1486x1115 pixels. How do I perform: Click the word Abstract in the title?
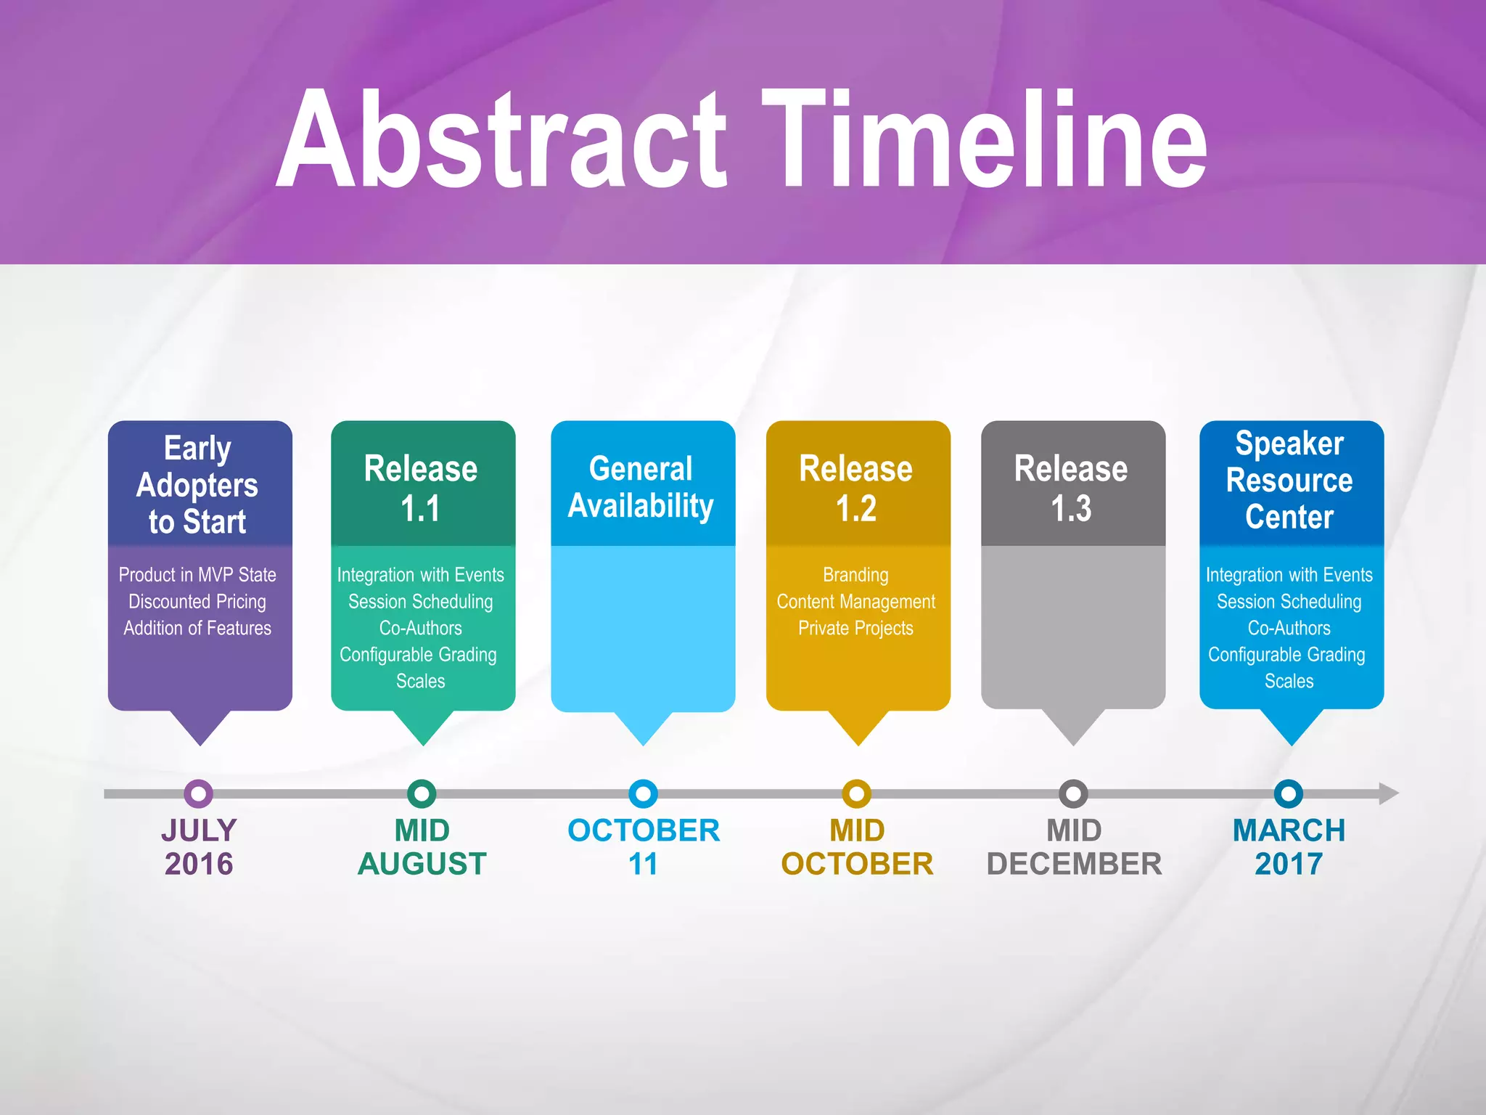(501, 139)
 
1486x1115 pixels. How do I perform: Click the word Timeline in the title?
(984, 139)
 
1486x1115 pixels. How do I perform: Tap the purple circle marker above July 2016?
(198, 793)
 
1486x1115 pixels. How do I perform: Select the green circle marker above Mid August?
(422, 793)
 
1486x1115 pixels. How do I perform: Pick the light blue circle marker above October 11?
(643, 793)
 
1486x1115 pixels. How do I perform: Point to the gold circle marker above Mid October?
(856, 793)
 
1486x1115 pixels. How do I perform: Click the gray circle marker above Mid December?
(1073, 793)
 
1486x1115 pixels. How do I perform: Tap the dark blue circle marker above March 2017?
(1288, 793)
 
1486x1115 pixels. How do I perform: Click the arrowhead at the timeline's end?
(1387, 793)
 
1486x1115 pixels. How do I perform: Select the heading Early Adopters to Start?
(197, 484)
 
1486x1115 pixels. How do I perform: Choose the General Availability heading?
(641, 487)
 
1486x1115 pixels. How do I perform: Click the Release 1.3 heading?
(1071, 488)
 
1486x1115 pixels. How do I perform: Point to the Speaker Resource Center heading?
(1289, 480)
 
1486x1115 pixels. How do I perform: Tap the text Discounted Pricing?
(197, 602)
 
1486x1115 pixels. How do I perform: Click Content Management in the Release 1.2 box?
(856, 602)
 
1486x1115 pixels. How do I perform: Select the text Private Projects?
(856, 628)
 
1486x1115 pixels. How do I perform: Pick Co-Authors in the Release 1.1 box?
(421, 628)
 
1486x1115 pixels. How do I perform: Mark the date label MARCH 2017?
(1289, 846)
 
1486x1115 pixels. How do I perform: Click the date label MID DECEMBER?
(1074, 846)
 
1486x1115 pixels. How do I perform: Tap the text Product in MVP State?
(197, 575)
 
